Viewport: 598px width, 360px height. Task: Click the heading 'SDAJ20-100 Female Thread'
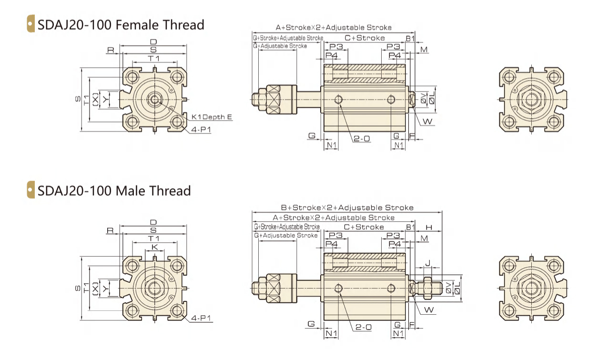[x=121, y=25]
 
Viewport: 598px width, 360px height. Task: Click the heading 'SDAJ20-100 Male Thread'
[x=114, y=191]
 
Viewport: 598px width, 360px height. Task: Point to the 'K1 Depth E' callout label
[x=212, y=117]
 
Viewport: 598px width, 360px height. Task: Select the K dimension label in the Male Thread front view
[x=154, y=247]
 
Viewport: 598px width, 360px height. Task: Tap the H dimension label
[x=429, y=227]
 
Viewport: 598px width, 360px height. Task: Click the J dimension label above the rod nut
[x=428, y=263]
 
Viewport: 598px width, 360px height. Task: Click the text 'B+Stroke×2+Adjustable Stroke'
[x=347, y=207]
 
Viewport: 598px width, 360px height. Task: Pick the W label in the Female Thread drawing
[x=427, y=122]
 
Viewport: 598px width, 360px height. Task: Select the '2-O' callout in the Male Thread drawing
[x=364, y=327]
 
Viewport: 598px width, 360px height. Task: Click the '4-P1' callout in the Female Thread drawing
[x=201, y=130]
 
